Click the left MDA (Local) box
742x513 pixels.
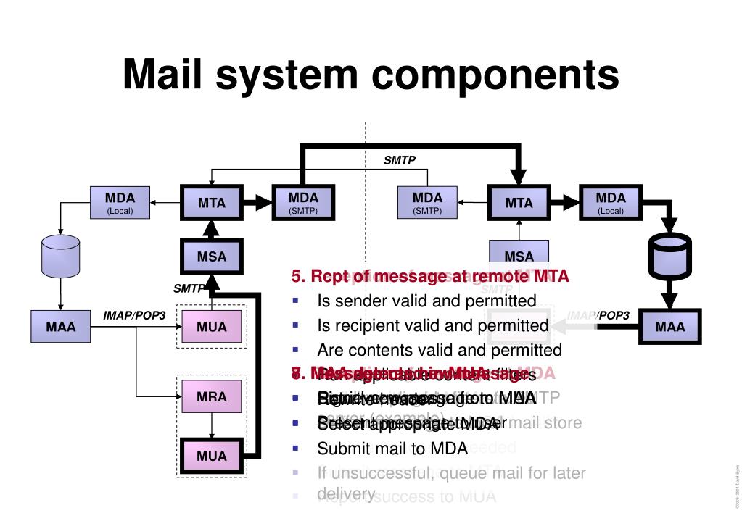[120, 203]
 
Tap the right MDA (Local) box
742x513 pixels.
[611, 203]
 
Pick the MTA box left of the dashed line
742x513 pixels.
[212, 204]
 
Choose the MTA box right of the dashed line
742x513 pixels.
[519, 204]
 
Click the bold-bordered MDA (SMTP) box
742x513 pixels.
[303, 203]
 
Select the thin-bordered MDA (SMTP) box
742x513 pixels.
[428, 203]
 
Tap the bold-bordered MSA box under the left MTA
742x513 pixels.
[212, 256]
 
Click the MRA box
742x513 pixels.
[212, 397]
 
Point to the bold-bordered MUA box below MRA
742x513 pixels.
[212, 456]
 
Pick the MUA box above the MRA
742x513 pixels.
[212, 327]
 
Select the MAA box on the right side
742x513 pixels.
[670, 327]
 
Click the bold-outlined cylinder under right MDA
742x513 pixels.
[670, 258]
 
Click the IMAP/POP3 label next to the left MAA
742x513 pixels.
[134, 315]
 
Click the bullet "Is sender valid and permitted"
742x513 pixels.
[426, 301]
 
